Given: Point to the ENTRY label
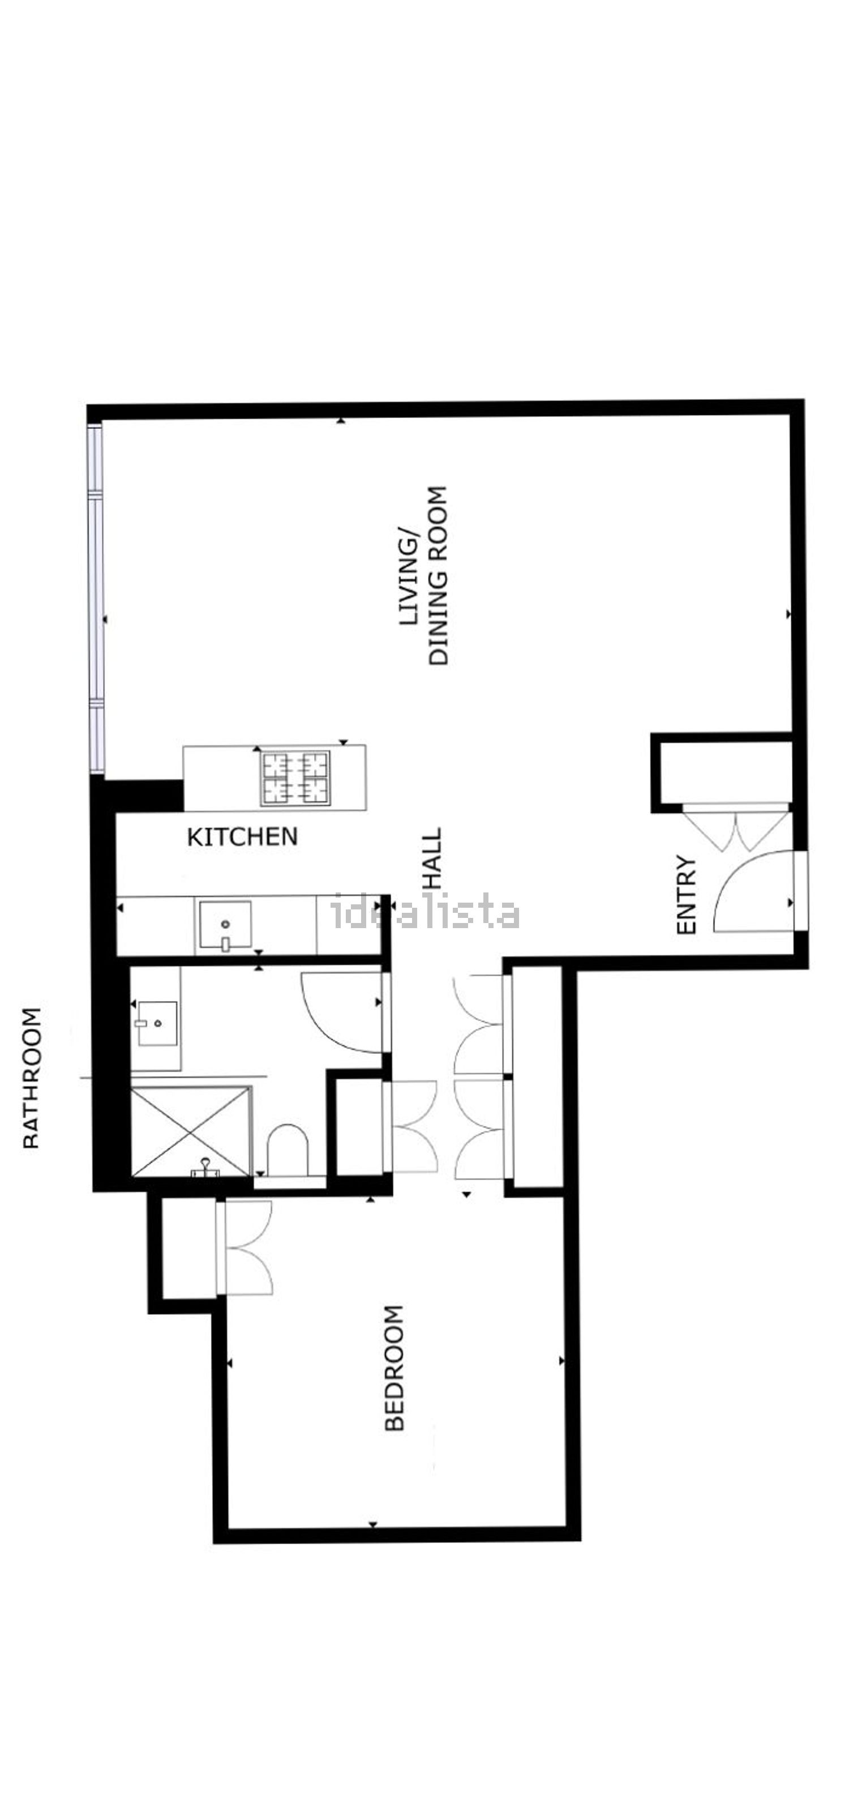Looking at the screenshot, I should [687, 895].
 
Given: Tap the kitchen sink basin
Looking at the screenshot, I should [225, 924].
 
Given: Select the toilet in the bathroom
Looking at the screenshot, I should [288, 1148].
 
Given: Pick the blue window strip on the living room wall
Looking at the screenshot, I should [96, 597].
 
